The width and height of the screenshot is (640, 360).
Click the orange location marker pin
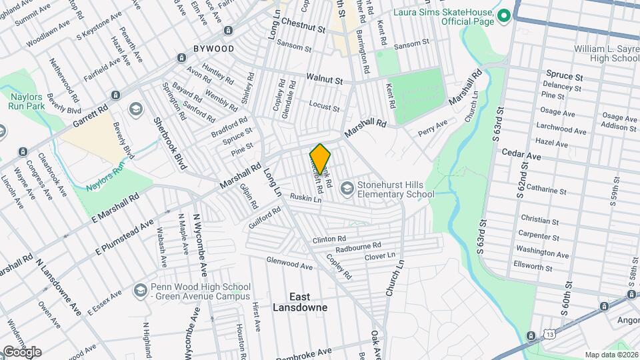point(320,159)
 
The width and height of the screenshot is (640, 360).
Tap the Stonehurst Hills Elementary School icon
point(347,189)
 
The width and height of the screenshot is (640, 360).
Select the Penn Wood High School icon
point(140,290)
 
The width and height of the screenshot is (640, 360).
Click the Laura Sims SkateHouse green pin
point(505,15)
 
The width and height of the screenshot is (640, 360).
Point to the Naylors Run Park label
point(26,101)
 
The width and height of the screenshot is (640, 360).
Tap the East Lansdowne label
point(299,301)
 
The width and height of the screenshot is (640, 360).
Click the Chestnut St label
point(302,29)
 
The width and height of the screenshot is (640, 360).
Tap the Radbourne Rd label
point(358,247)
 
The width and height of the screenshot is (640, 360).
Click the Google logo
point(22,351)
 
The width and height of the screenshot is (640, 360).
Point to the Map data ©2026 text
point(611,355)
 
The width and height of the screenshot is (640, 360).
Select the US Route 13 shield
point(547,333)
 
